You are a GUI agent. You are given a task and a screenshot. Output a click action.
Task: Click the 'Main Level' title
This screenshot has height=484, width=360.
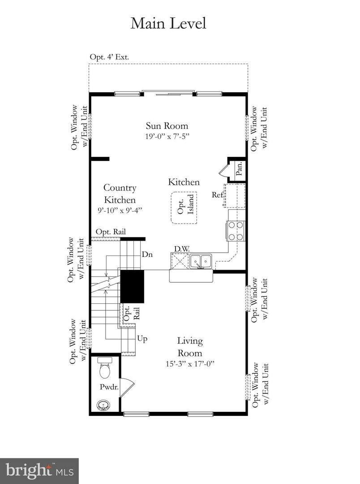pos(168,23)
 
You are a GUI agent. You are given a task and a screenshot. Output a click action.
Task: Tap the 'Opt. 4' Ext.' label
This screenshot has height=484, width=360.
pos(109,57)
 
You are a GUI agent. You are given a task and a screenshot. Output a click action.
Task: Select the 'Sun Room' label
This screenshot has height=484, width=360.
pos(167,126)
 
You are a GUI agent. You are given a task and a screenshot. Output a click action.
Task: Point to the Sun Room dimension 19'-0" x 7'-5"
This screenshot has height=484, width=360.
pos(167,136)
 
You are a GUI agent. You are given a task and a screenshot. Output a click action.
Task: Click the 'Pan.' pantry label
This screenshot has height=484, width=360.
pos(239,169)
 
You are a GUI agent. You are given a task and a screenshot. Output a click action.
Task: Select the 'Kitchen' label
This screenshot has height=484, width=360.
pos(184,182)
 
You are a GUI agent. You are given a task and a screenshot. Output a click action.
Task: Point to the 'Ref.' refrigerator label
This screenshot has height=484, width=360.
pos(218,195)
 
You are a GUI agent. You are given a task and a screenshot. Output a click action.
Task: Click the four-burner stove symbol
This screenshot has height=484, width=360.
pos(236,231)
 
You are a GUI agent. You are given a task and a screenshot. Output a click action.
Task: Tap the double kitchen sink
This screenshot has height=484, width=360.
pos(200,260)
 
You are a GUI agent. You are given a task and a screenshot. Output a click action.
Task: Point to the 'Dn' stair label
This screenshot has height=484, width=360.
pos(147,254)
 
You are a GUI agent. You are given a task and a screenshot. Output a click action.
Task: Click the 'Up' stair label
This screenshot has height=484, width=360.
pos(142,338)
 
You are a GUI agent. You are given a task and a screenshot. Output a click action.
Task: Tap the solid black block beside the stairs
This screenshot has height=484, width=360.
pos(132,286)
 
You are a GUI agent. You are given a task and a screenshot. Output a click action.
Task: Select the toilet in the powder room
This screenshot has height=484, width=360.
pos(105,369)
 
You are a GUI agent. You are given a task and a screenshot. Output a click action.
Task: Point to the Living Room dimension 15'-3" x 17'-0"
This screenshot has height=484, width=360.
pos(190,363)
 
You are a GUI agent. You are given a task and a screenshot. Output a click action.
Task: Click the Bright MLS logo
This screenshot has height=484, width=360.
pos(39,471)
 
